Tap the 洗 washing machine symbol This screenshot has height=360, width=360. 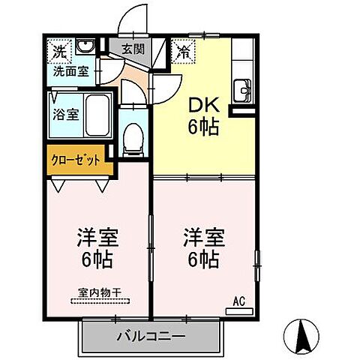click(x=58, y=52)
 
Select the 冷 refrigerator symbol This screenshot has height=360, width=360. click(x=183, y=52)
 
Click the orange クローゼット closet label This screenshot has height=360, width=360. click(x=75, y=161)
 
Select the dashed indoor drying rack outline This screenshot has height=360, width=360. click(x=100, y=301)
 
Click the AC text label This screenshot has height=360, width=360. click(x=240, y=301)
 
